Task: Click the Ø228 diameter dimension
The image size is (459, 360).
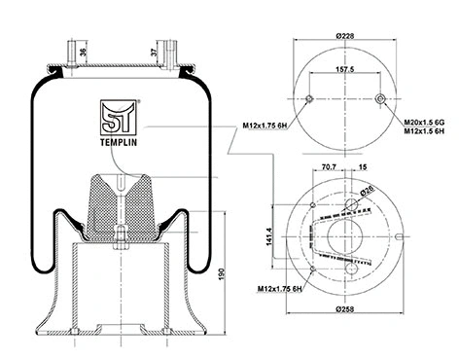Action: click(343, 37)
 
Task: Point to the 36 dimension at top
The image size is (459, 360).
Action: click(84, 54)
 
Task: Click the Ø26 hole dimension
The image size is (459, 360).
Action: click(369, 192)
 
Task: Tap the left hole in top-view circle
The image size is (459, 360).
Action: click(309, 100)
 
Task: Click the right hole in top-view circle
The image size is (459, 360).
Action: click(378, 100)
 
